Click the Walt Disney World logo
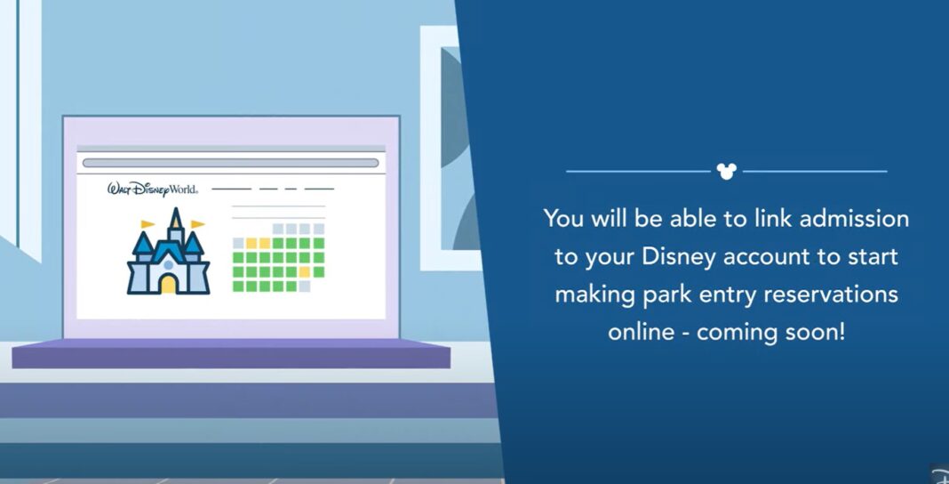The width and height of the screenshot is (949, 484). pyautogui.click(x=152, y=189)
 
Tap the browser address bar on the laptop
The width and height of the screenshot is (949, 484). pyautogui.click(x=230, y=163)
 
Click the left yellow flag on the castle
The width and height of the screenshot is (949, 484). pyautogui.click(x=148, y=224)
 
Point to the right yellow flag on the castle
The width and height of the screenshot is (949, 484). pyautogui.click(x=197, y=223)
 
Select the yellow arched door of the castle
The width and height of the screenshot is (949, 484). pyautogui.click(x=169, y=284)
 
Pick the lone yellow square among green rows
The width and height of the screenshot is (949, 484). pyautogui.click(x=305, y=271)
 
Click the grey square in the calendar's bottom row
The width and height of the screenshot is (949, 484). pyautogui.click(x=305, y=286)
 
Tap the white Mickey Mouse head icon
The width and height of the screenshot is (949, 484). pyautogui.click(x=726, y=171)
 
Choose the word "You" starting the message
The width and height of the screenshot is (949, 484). pyautogui.click(x=563, y=218)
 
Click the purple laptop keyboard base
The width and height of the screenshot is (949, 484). pyautogui.click(x=231, y=353)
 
